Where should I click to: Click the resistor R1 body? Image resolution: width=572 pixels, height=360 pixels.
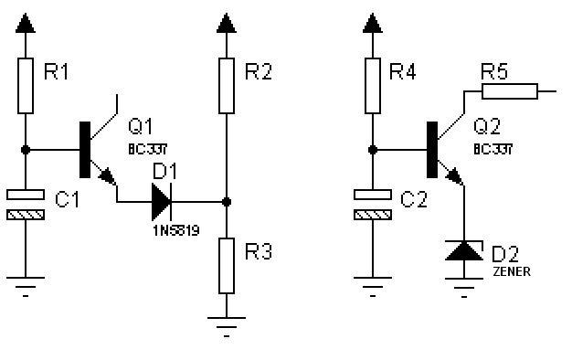[26, 86]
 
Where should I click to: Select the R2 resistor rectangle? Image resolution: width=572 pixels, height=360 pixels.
[227, 86]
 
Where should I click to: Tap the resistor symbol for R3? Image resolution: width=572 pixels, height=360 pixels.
[227, 266]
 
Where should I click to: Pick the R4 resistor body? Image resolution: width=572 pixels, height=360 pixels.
[373, 86]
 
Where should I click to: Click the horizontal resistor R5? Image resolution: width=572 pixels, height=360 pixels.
[510, 91]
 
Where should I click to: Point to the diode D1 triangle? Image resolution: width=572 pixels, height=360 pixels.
[162, 202]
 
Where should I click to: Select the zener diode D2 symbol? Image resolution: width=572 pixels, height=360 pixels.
[464, 250]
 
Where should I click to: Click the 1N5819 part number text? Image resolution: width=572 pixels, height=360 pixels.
[176, 230]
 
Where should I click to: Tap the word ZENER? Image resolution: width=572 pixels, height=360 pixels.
[512, 271]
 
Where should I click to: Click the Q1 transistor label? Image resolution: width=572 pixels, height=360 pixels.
[141, 127]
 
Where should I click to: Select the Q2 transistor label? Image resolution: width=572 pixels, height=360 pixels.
[487, 127]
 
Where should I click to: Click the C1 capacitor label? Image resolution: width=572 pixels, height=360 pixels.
[67, 199]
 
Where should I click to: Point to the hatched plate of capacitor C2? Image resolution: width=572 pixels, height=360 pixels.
[373, 215]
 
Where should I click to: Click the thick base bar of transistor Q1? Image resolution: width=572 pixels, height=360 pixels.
[85, 150]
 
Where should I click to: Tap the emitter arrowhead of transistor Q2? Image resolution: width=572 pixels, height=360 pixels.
[454, 175]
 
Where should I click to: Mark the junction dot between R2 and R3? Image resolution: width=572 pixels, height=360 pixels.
[227, 202]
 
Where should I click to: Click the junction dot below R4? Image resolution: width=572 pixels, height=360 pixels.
[373, 150]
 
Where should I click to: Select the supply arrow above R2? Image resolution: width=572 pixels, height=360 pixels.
[227, 24]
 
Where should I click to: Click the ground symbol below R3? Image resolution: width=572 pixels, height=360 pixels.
[227, 326]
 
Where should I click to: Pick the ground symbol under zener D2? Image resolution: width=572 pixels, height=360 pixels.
[464, 288]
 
